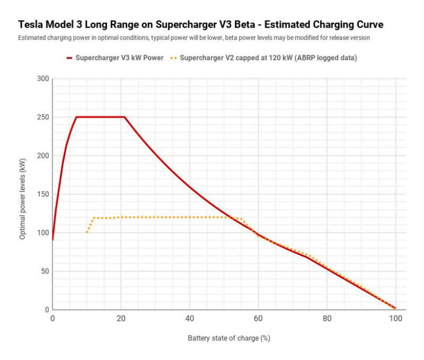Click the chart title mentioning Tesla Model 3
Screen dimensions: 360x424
pyautogui.click(x=201, y=25)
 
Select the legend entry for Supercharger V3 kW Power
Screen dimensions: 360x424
pyautogui.click(x=115, y=58)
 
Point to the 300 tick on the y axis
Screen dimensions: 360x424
pyautogui.click(x=43, y=79)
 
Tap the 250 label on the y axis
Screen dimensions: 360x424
pyautogui.click(x=43, y=117)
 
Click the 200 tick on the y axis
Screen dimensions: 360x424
pyautogui.click(x=43, y=156)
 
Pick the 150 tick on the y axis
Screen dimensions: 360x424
pyautogui.click(x=43, y=195)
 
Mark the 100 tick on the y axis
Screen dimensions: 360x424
pyautogui.click(x=43, y=233)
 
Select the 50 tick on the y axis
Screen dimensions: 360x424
pyautogui.click(x=45, y=271)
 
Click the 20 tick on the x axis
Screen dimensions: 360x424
pyautogui.click(x=121, y=319)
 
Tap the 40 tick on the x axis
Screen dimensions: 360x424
pyautogui.click(x=190, y=319)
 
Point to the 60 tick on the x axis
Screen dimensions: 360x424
pyautogui.click(x=258, y=319)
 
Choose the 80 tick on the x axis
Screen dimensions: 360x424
pyautogui.click(x=327, y=319)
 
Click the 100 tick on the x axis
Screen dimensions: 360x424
pyautogui.click(x=395, y=319)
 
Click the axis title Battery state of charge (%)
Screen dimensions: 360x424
pyautogui.click(x=225, y=338)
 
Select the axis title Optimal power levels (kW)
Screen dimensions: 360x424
pyautogui.click(x=22, y=195)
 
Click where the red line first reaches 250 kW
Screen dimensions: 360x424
pyautogui.click(x=76, y=117)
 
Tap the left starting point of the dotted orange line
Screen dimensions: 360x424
pyautogui.click(x=87, y=232)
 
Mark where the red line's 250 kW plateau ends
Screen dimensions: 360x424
pyautogui.click(x=125, y=117)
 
